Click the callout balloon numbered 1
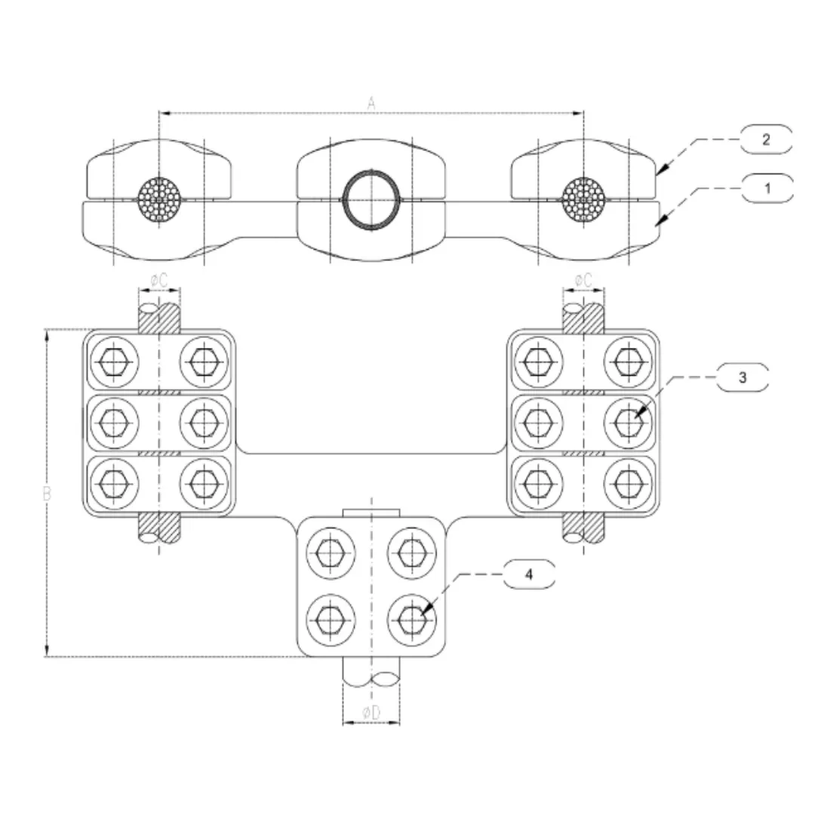[767, 188]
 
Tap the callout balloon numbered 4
[528, 574]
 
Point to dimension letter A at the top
[371, 104]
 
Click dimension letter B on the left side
[47, 494]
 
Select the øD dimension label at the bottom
[371, 712]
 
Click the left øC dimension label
[159, 280]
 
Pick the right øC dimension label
[583, 280]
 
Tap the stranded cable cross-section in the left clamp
[159, 199]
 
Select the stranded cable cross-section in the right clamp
[583, 199]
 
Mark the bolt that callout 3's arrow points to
[627, 422]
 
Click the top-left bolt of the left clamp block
[114, 362]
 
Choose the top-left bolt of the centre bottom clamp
[329, 555]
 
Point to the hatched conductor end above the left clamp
[159, 317]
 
